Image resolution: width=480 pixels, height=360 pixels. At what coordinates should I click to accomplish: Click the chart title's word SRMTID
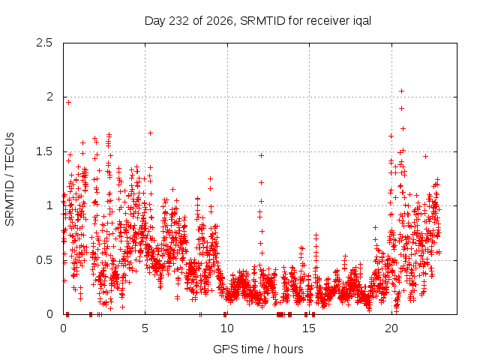262,21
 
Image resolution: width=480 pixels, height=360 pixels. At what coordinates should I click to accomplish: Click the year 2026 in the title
220,21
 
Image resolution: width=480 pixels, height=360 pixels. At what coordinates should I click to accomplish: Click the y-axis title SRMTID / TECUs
10,179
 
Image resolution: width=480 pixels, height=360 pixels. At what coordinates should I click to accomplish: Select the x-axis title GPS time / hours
258,349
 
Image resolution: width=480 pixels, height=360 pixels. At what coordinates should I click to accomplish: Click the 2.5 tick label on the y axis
44,43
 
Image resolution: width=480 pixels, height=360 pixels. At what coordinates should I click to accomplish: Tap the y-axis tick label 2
49,97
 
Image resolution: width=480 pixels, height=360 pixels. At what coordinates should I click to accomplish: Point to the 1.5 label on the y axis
44,151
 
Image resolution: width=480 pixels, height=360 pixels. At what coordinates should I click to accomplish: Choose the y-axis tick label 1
50,205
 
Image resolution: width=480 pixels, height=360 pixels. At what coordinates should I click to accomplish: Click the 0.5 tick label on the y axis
44,260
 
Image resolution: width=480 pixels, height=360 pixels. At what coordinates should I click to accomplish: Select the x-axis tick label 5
145,328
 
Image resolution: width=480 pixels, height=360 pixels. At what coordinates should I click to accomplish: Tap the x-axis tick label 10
226,328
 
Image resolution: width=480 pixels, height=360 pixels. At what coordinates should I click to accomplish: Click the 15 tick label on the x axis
309,328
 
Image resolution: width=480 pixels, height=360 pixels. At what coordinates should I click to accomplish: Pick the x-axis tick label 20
391,328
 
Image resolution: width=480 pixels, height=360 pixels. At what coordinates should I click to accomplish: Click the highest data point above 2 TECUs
402,91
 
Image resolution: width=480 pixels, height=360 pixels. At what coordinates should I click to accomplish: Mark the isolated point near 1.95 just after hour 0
68,102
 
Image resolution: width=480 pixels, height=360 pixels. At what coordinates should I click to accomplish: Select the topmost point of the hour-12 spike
261,155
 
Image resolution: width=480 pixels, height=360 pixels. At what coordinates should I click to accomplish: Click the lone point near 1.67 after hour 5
150,133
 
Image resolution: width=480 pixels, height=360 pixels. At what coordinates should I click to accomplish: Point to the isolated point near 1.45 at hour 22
425,157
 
